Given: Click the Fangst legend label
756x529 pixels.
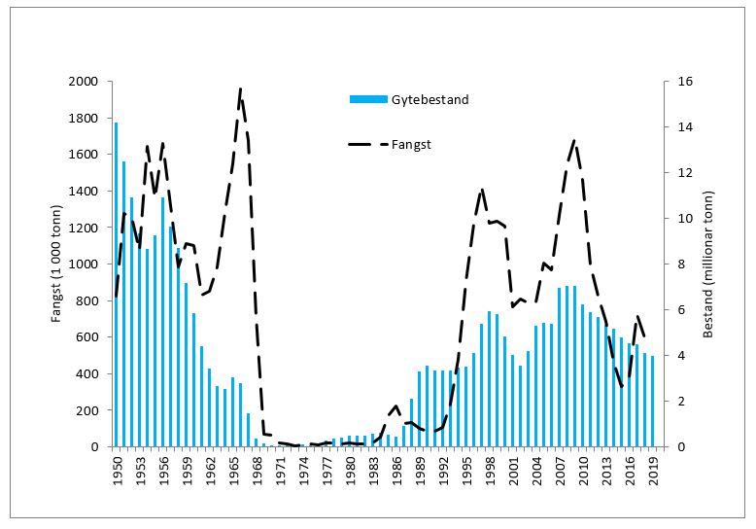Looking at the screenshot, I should pyautogui.click(x=412, y=144).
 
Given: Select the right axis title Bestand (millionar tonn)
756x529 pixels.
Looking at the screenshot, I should pyautogui.click(x=707, y=264).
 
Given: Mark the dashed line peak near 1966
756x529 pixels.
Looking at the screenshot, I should pyautogui.click(x=240, y=89).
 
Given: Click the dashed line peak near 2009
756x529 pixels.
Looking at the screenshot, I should pyautogui.click(x=574, y=141).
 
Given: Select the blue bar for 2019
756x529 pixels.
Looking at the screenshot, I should pyautogui.click(x=652, y=401).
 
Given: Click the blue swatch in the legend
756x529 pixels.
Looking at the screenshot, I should pyautogui.click(x=368, y=99).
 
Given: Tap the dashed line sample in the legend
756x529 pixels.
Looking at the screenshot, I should pyautogui.click(x=368, y=144).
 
